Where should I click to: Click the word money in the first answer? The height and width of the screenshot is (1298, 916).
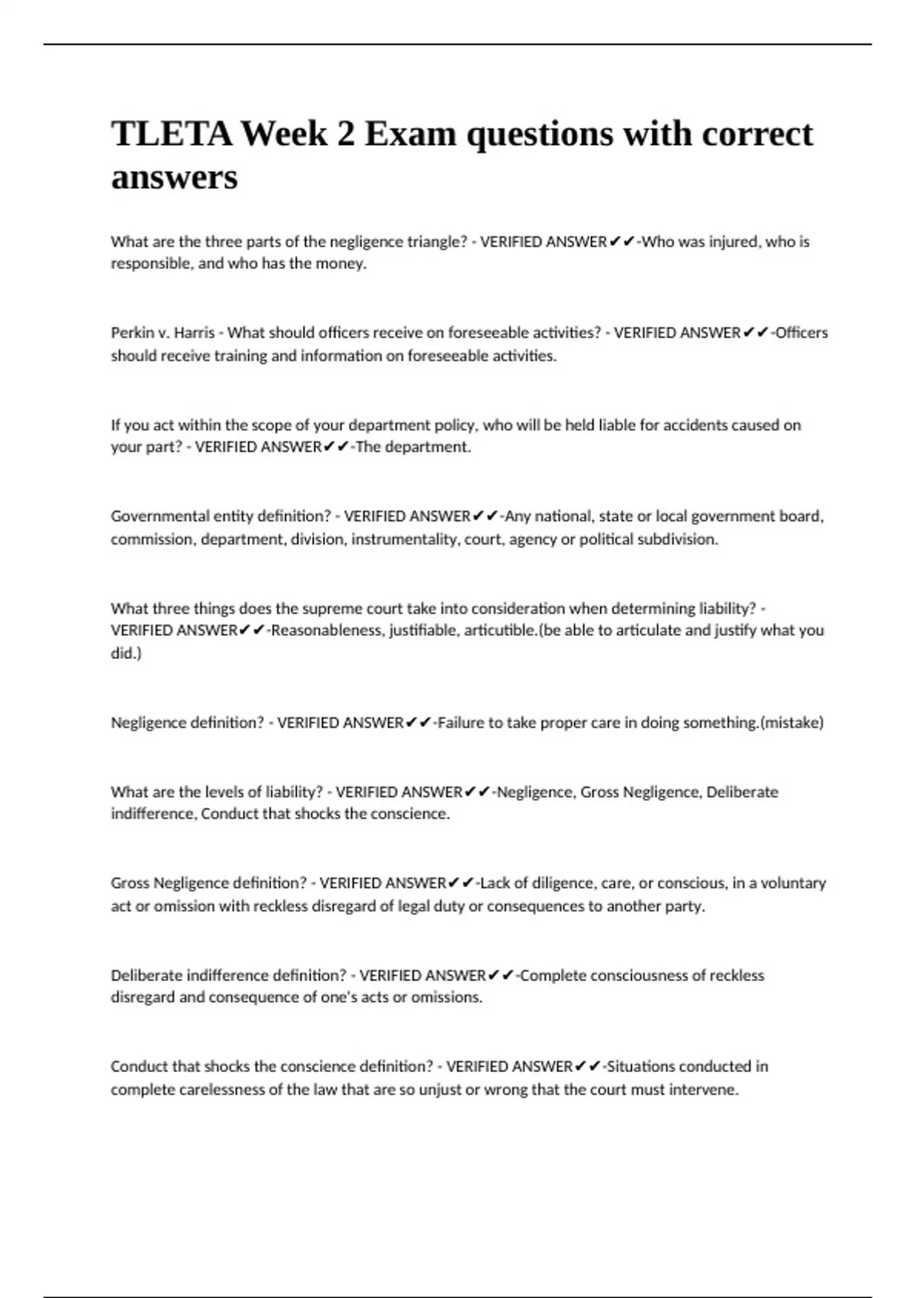click(x=343, y=264)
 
